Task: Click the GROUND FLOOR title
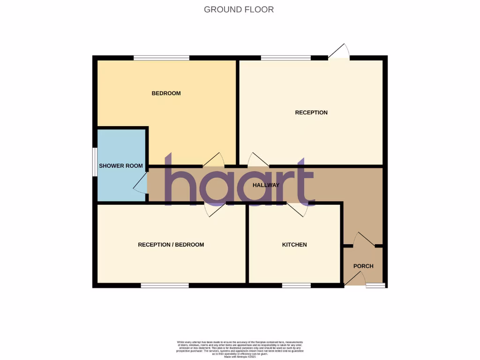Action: pos(239,9)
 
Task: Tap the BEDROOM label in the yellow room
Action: pos(166,93)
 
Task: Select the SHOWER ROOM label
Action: pos(121,166)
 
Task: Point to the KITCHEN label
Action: pos(294,245)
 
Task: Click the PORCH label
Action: pos(363,266)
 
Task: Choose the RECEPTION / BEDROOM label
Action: pos(171,245)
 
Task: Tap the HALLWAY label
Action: pos(266,185)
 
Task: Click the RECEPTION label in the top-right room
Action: pos(311,112)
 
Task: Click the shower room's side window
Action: pos(94,162)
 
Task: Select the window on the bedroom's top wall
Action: pos(161,58)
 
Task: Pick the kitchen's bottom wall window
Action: pos(296,285)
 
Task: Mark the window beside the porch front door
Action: pos(375,285)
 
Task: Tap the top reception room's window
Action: pos(285,58)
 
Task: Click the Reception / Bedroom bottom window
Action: pos(165,285)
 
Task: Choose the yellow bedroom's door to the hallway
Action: pos(214,160)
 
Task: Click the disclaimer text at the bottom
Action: pos(240,350)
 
